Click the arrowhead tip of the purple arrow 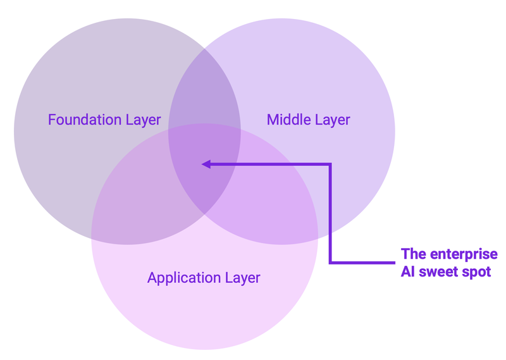point(202,164)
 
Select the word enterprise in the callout point(465,254)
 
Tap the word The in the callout point(414,254)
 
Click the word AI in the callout point(409,272)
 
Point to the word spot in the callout point(478,272)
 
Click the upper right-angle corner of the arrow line point(330,164)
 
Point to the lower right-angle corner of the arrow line point(330,261)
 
